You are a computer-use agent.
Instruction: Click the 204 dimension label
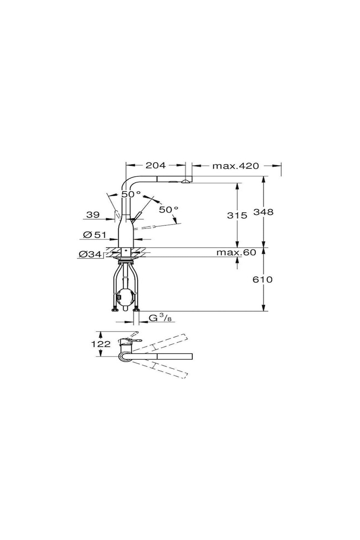[x=155, y=165]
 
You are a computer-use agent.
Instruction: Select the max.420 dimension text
[x=235, y=166]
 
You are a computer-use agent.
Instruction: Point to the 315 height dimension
[x=237, y=215]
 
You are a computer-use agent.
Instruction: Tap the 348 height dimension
[x=264, y=212]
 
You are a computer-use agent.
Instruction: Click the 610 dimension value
[x=262, y=280]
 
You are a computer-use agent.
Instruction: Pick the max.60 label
[x=236, y=252]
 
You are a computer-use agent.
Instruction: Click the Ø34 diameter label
[x=90, y=254]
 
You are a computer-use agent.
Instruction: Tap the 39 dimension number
[x=93, y=214]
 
